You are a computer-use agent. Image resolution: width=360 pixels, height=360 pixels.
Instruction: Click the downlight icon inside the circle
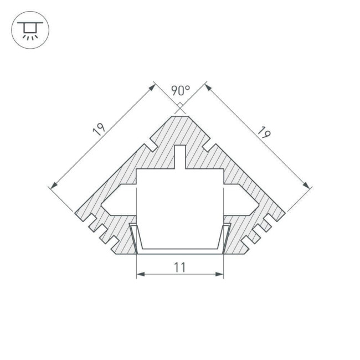pos(30,30)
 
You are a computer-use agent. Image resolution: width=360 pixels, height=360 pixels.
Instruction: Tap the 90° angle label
pos(180,90)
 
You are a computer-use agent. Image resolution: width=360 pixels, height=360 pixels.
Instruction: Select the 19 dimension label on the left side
pos(99,130)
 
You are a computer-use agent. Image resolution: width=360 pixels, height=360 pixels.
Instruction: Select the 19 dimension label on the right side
pos(264,133)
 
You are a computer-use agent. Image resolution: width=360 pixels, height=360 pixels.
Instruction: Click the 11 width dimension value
pos(179,267)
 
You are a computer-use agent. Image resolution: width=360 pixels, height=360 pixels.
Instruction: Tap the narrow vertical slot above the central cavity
pos(180,157)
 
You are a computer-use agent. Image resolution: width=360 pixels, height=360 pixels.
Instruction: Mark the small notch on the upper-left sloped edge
pos(150,147)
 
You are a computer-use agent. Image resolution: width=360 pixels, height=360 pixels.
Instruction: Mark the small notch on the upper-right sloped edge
pos(209,147)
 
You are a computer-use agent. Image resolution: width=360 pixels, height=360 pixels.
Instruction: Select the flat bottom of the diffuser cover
pos(180,251)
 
